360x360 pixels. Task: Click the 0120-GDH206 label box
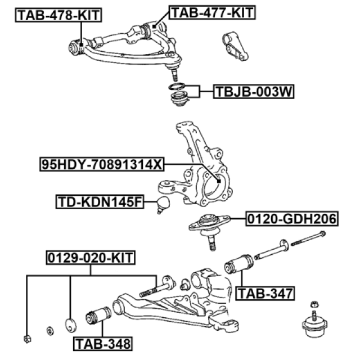(290, 218)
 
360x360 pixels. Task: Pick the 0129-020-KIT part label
(91, 258)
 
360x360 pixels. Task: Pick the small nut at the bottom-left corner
(27, 338)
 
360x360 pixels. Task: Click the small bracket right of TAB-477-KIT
(234, 45)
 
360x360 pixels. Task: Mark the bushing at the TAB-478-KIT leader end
(78, 47)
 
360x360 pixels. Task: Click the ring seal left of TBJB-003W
(177, 87)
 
